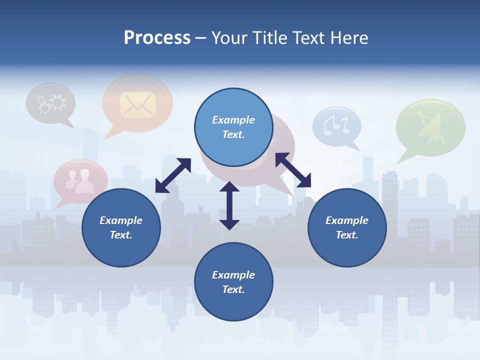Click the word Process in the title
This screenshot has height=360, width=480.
pos(157,38)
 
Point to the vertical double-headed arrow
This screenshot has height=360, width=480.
pos(229,205)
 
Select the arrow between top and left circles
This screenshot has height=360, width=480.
pos(173,175)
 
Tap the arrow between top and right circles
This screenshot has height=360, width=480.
pos(293,170)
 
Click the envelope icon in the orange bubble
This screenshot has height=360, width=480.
pos(137,104)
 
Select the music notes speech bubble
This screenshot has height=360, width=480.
pos(336,125)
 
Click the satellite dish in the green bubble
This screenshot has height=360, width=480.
pos(430,126)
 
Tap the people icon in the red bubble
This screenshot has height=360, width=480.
pos(80,181)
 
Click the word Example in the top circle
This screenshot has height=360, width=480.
pos(233,120)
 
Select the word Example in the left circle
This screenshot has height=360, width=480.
pos(121,220)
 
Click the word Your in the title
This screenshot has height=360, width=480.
pos(229,38)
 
